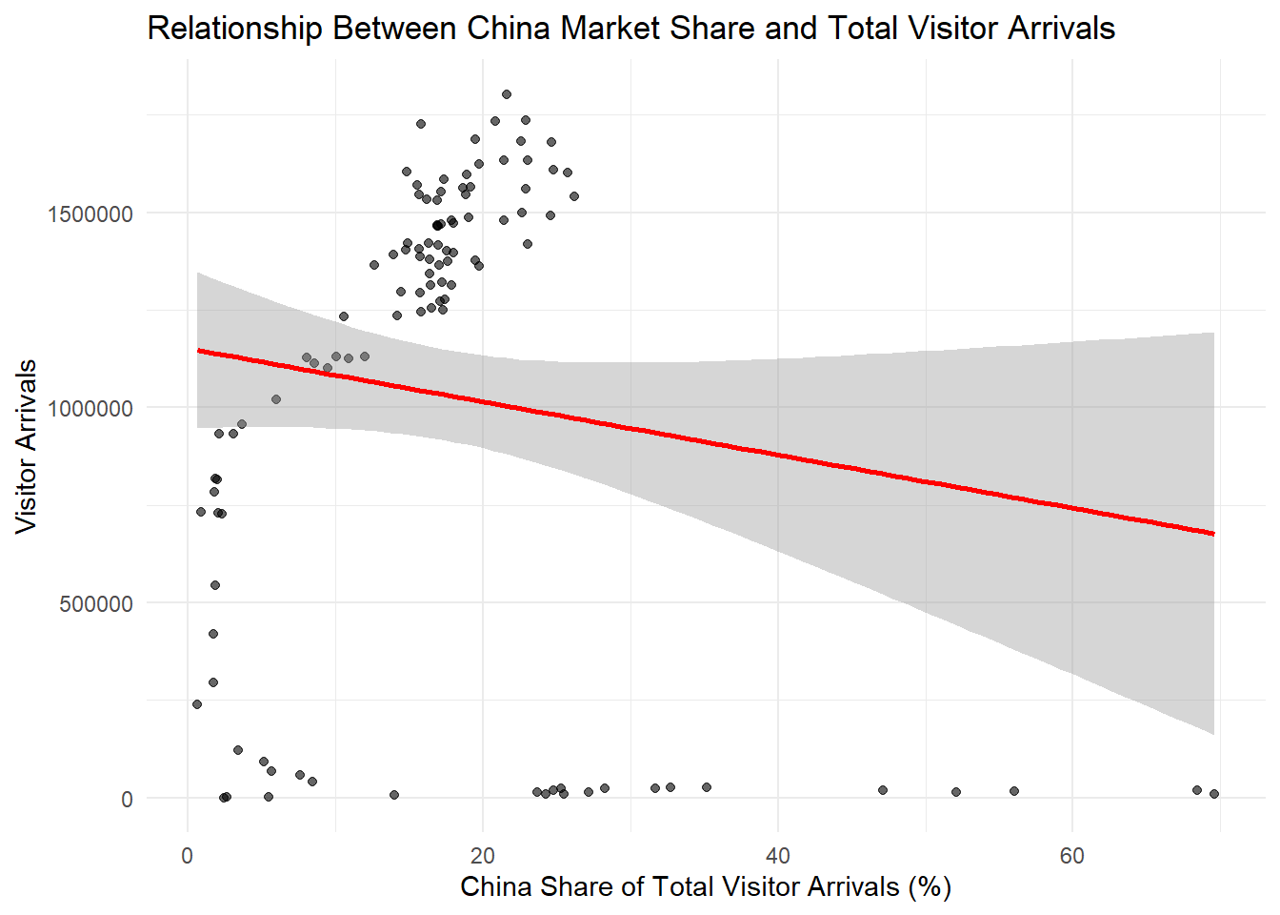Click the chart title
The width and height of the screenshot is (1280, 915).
pyautogui.click(x=630, y=29)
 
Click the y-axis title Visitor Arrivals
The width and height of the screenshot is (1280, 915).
pyautogui.click(x=27, y=445)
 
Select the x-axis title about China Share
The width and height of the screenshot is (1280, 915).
pyautogui.click(x=706, y=886)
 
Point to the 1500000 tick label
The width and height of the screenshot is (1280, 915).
pyautogui.click(x=90, y=214)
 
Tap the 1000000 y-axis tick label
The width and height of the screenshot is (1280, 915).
pyautogui.click(x=90, y=409)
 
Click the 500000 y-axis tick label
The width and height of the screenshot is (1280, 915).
pyautogui.click(x=96, y=604)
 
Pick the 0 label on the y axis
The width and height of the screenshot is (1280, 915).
pyautogui.click(x=127, y=800)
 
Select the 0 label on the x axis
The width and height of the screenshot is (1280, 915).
pyautogui.click(x=188, y=856)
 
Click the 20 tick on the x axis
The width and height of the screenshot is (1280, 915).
pyautogui.click(x=483, y=856)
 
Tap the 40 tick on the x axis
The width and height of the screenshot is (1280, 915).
pyautogui.click(x=778, y=856)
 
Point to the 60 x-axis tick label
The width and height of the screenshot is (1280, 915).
pyautogui.click(x=1072, y=856)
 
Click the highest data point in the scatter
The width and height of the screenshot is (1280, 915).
pyautogui.click(x=507, y=94)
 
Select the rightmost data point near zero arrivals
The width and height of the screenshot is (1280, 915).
pyautogui.click(x=1214, y=794)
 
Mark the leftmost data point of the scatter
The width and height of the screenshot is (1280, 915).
pyautogui.click(x=197, y=704)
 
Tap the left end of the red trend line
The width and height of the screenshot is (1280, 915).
pyautogui.click(x=198, y=350)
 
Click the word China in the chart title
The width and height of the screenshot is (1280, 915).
pyautogui.click(x=509, y=29)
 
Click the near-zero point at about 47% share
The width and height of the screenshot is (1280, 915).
pyautogui.click(x=883, y=790)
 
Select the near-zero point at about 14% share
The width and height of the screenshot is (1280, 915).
pyautogui.click(x=394, y=795)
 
